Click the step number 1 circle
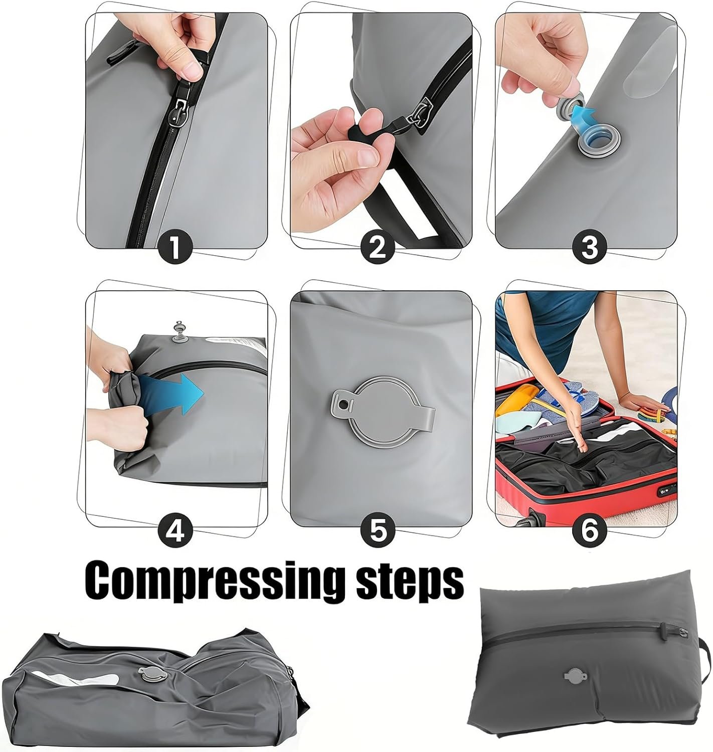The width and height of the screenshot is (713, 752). pyautogui.click(x=175, y=247)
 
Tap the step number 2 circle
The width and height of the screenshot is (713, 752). pyautogui.click(x=378, y=247)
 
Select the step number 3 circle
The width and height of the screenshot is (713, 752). pyautogui.click(x=589, y=247)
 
